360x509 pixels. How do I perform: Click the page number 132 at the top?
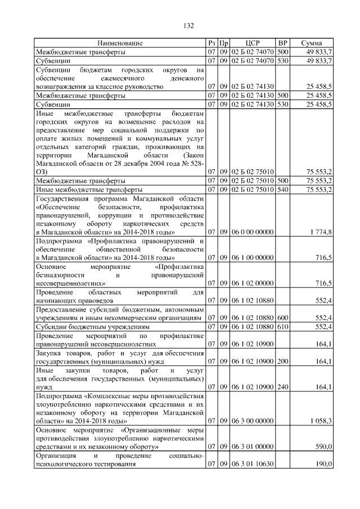(189, 26)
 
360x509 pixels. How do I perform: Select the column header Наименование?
(120, 43)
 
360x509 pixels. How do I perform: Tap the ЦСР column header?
(253, 43)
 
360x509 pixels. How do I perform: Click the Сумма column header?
(311, 43)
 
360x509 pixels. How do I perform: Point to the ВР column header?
(283, 43)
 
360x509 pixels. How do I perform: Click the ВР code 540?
(282, 190)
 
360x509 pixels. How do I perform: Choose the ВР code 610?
(282, 326)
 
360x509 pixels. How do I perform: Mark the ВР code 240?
(282, 387)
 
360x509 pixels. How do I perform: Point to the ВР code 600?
(282, 318)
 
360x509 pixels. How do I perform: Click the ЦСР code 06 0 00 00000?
(253, 232)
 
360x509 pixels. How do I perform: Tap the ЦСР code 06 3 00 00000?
(253, 420)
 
